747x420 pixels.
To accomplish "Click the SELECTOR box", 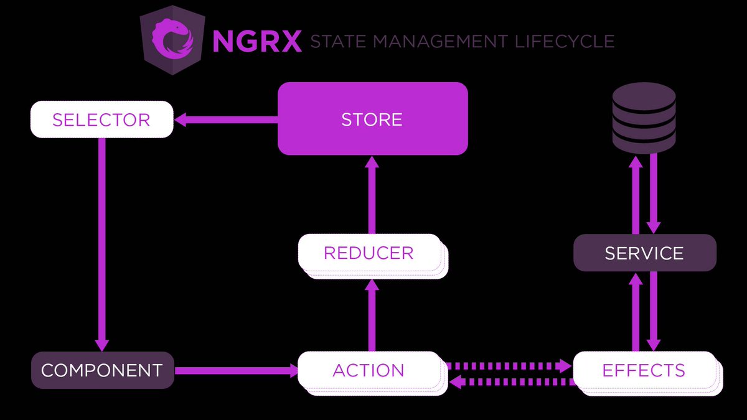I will click(101, 119).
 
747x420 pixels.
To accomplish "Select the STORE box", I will click(372, 119).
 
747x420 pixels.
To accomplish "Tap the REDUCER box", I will click(369, 253).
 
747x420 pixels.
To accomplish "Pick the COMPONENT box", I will click(102, 370).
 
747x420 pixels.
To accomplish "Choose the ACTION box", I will click(369, 370).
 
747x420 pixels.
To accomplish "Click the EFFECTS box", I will click(644, 370).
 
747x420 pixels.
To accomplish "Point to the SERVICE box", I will click(644, 253).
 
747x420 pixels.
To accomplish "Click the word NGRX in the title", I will click(256, 42).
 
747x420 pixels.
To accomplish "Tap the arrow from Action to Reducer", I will click(372, 315).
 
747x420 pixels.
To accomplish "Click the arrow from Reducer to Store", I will click(372, 194).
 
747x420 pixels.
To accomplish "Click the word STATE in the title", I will click(339, 42).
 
